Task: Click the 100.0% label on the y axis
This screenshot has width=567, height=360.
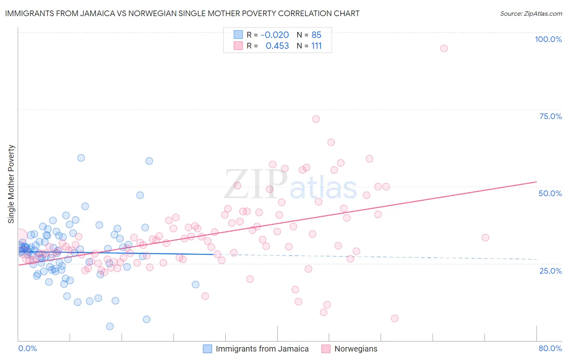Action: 548,39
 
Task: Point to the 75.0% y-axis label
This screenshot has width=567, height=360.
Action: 550,116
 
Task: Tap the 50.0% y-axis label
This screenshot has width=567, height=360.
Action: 550,193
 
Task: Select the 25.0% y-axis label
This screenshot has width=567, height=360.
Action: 550,270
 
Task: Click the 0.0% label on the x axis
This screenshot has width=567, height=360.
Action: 27,348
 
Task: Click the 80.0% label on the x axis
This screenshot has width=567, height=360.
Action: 550,348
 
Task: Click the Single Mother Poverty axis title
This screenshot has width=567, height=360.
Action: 11,184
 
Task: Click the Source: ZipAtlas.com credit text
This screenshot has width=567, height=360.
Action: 531,13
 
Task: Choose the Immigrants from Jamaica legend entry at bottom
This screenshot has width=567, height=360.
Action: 262,349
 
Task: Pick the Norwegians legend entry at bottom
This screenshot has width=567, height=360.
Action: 356,349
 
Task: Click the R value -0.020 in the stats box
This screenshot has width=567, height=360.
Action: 275,35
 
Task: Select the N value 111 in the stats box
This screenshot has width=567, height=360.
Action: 316,46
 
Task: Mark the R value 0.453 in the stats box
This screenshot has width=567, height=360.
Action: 277,46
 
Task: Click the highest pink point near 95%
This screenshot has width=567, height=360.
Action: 444,48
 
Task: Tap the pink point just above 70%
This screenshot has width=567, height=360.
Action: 316,119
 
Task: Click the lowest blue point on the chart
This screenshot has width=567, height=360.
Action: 110,327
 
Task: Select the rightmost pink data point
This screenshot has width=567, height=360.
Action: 485,238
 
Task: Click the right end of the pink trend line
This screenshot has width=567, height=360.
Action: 536,182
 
